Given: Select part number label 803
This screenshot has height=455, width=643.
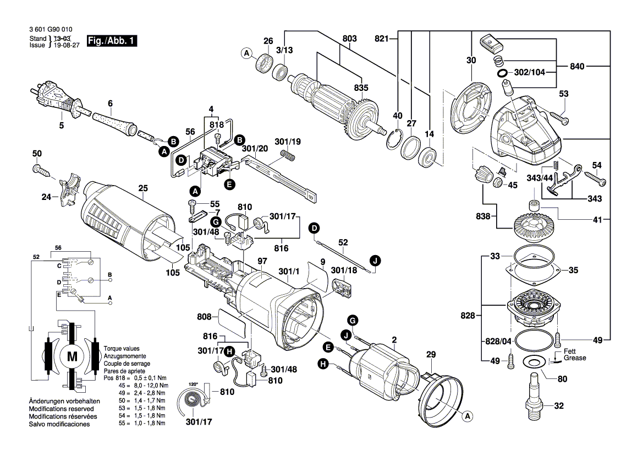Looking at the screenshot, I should (349, 39).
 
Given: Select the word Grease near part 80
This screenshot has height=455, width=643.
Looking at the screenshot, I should (574, 358).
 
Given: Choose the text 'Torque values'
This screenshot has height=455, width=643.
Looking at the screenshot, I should (121, 349).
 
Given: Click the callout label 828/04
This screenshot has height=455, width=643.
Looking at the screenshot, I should (495, 342).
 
